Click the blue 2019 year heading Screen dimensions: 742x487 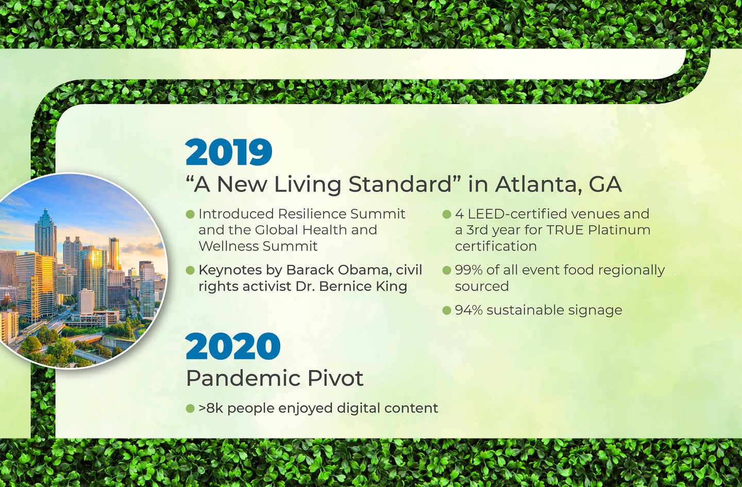(229, 152)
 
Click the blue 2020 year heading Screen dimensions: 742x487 (233, 346)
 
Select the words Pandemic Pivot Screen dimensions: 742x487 (275, 378)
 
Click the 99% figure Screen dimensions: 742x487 (469, 270)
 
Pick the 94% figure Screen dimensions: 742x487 (469, 310)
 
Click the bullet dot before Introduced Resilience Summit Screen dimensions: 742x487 (190, 214)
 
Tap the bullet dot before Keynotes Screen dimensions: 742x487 (190, 271)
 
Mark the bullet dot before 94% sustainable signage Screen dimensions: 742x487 (447, 310)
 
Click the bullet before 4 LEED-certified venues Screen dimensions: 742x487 (447, 214)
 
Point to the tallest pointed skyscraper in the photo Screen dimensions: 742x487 (45, 233)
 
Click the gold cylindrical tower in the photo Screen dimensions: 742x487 (114, 254)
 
